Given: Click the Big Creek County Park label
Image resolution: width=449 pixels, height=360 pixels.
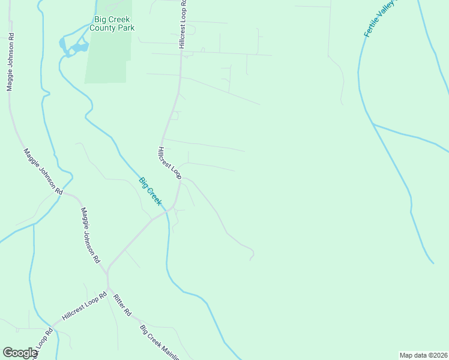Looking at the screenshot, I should point(112,23).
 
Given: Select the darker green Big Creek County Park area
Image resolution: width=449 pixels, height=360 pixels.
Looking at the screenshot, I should point(108,60).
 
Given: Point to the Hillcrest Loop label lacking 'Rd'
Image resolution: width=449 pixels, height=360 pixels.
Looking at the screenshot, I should point(170,162).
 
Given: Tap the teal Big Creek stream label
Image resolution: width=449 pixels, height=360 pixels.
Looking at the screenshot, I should point(150,191).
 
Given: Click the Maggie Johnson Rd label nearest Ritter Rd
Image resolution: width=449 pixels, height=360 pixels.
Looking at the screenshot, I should point(91,236).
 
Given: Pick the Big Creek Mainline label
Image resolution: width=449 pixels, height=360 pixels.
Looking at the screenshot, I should point(159,343).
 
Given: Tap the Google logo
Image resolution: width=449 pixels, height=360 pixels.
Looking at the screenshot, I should point(20,353).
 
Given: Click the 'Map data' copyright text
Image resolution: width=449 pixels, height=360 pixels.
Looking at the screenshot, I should point(423,355).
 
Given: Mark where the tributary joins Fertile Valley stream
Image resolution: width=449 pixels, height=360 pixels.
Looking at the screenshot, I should point(373,124).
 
